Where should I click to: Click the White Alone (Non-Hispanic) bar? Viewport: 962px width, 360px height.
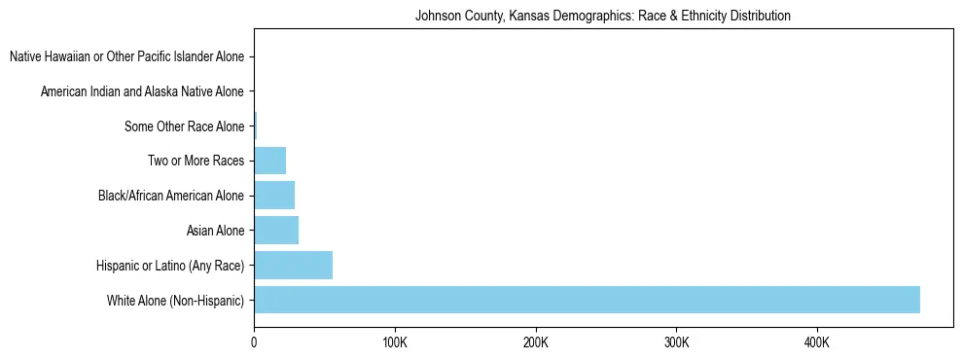[x=587, y=300]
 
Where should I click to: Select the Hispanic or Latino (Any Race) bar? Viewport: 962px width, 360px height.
[x=293, y=265]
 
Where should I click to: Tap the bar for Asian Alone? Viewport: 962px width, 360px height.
[x=276, y=230]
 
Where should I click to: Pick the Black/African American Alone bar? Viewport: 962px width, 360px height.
[x=274, y=196]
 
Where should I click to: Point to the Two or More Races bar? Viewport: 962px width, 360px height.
[x=269, y=161]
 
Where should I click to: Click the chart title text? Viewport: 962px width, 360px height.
[x=602, y=16]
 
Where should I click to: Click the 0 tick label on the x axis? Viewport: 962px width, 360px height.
[x=254, y=343]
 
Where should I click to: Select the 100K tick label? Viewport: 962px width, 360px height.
[x=395, y=343]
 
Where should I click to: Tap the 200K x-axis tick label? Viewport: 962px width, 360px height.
[x=535, y=343]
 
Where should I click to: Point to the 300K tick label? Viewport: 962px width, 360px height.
[x=676, y=343]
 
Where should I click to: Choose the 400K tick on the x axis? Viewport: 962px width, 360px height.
[x=817, y=343]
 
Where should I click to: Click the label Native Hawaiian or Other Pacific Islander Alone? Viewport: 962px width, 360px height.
[x=126, y=57]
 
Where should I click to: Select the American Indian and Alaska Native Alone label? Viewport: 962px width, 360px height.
[x=142, y=92]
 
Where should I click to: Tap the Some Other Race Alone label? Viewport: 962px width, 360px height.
[x=184, y=126]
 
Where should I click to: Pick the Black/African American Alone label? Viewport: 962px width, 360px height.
[x=171, y=196]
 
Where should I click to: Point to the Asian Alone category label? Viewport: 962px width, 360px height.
[x=215, y=231]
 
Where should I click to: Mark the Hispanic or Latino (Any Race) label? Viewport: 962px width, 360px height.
[x=170, y=266]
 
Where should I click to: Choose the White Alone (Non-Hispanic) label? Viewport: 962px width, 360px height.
[x=175, y=301]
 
